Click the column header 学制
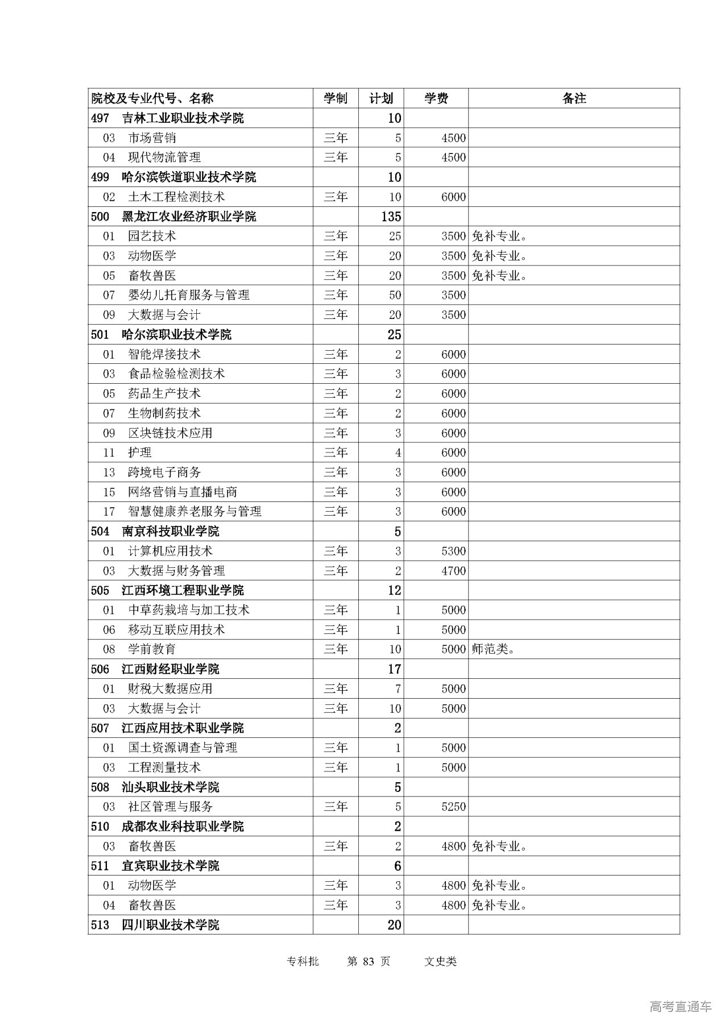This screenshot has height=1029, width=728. pos(336,98)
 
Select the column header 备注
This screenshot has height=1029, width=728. pos(573,98)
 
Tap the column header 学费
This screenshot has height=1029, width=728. pos(436,98)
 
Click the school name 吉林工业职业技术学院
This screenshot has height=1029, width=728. pos(183,118)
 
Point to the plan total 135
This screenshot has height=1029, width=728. pos(392,217)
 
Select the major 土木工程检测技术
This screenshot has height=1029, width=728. pos(176,197)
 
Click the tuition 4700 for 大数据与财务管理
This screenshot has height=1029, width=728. pos(453,571)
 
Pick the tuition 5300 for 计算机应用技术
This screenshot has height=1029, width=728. pos(453,551)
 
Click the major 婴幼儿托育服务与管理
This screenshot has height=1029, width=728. pos(189,295)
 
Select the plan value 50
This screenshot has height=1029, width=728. pos(395,295)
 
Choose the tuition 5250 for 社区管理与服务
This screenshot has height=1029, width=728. pos(453,807)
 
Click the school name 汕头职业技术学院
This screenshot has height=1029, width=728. pos(170,787)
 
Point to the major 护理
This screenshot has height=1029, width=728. pos(140,453)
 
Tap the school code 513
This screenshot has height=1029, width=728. pos(100,925)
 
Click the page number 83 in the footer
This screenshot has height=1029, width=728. pos(369,961)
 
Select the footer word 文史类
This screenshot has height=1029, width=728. pos(440,961)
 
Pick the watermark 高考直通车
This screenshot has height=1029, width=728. pos(680,1007)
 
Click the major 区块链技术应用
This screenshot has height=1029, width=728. pos(170,433)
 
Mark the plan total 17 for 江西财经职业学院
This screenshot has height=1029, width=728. pos(394,669)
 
